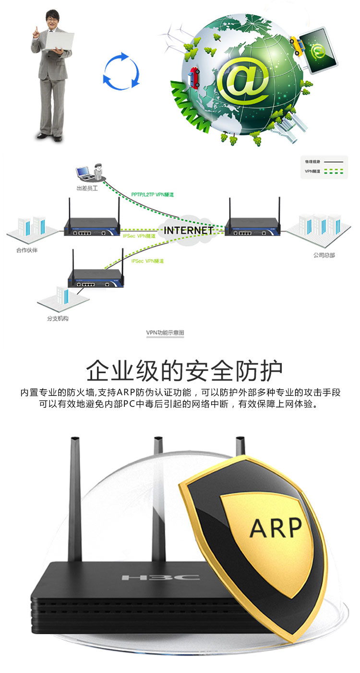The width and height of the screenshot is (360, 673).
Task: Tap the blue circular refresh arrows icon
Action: (121, 71)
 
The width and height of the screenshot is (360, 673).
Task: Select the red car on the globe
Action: (194, 78)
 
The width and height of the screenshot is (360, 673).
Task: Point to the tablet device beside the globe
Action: (317, 50)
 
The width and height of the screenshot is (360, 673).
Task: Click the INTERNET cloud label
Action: (188, 230)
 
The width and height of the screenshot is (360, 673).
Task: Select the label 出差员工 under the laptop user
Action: (87, 189)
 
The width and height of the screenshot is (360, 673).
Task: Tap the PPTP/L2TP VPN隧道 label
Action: (152, 195)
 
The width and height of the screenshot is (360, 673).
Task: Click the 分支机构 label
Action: (58, 318)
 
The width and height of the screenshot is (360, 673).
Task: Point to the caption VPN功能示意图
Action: (165, 332)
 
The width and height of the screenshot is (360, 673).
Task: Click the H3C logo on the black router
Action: (160, 577)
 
